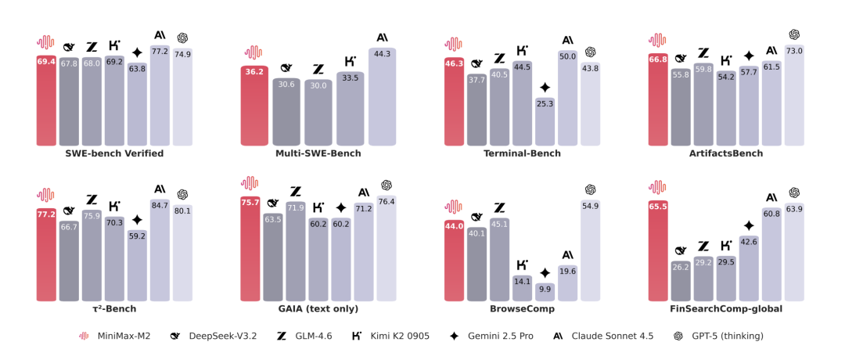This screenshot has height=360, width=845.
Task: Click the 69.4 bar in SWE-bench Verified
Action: click(46, 99)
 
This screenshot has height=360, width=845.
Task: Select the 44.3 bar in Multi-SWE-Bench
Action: click(382, 96)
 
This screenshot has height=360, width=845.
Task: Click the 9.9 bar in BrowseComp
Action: click(545, 292)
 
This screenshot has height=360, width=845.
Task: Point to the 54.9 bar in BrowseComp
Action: click(590, 250)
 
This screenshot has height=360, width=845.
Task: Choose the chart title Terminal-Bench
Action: click(522, 153)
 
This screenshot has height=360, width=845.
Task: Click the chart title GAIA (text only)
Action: click(318, 309)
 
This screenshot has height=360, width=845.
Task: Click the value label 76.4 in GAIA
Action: click(387, 202)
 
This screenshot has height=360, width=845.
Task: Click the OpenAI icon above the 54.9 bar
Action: click(590, 189)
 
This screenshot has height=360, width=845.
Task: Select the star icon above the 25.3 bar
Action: click(545, 88)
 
